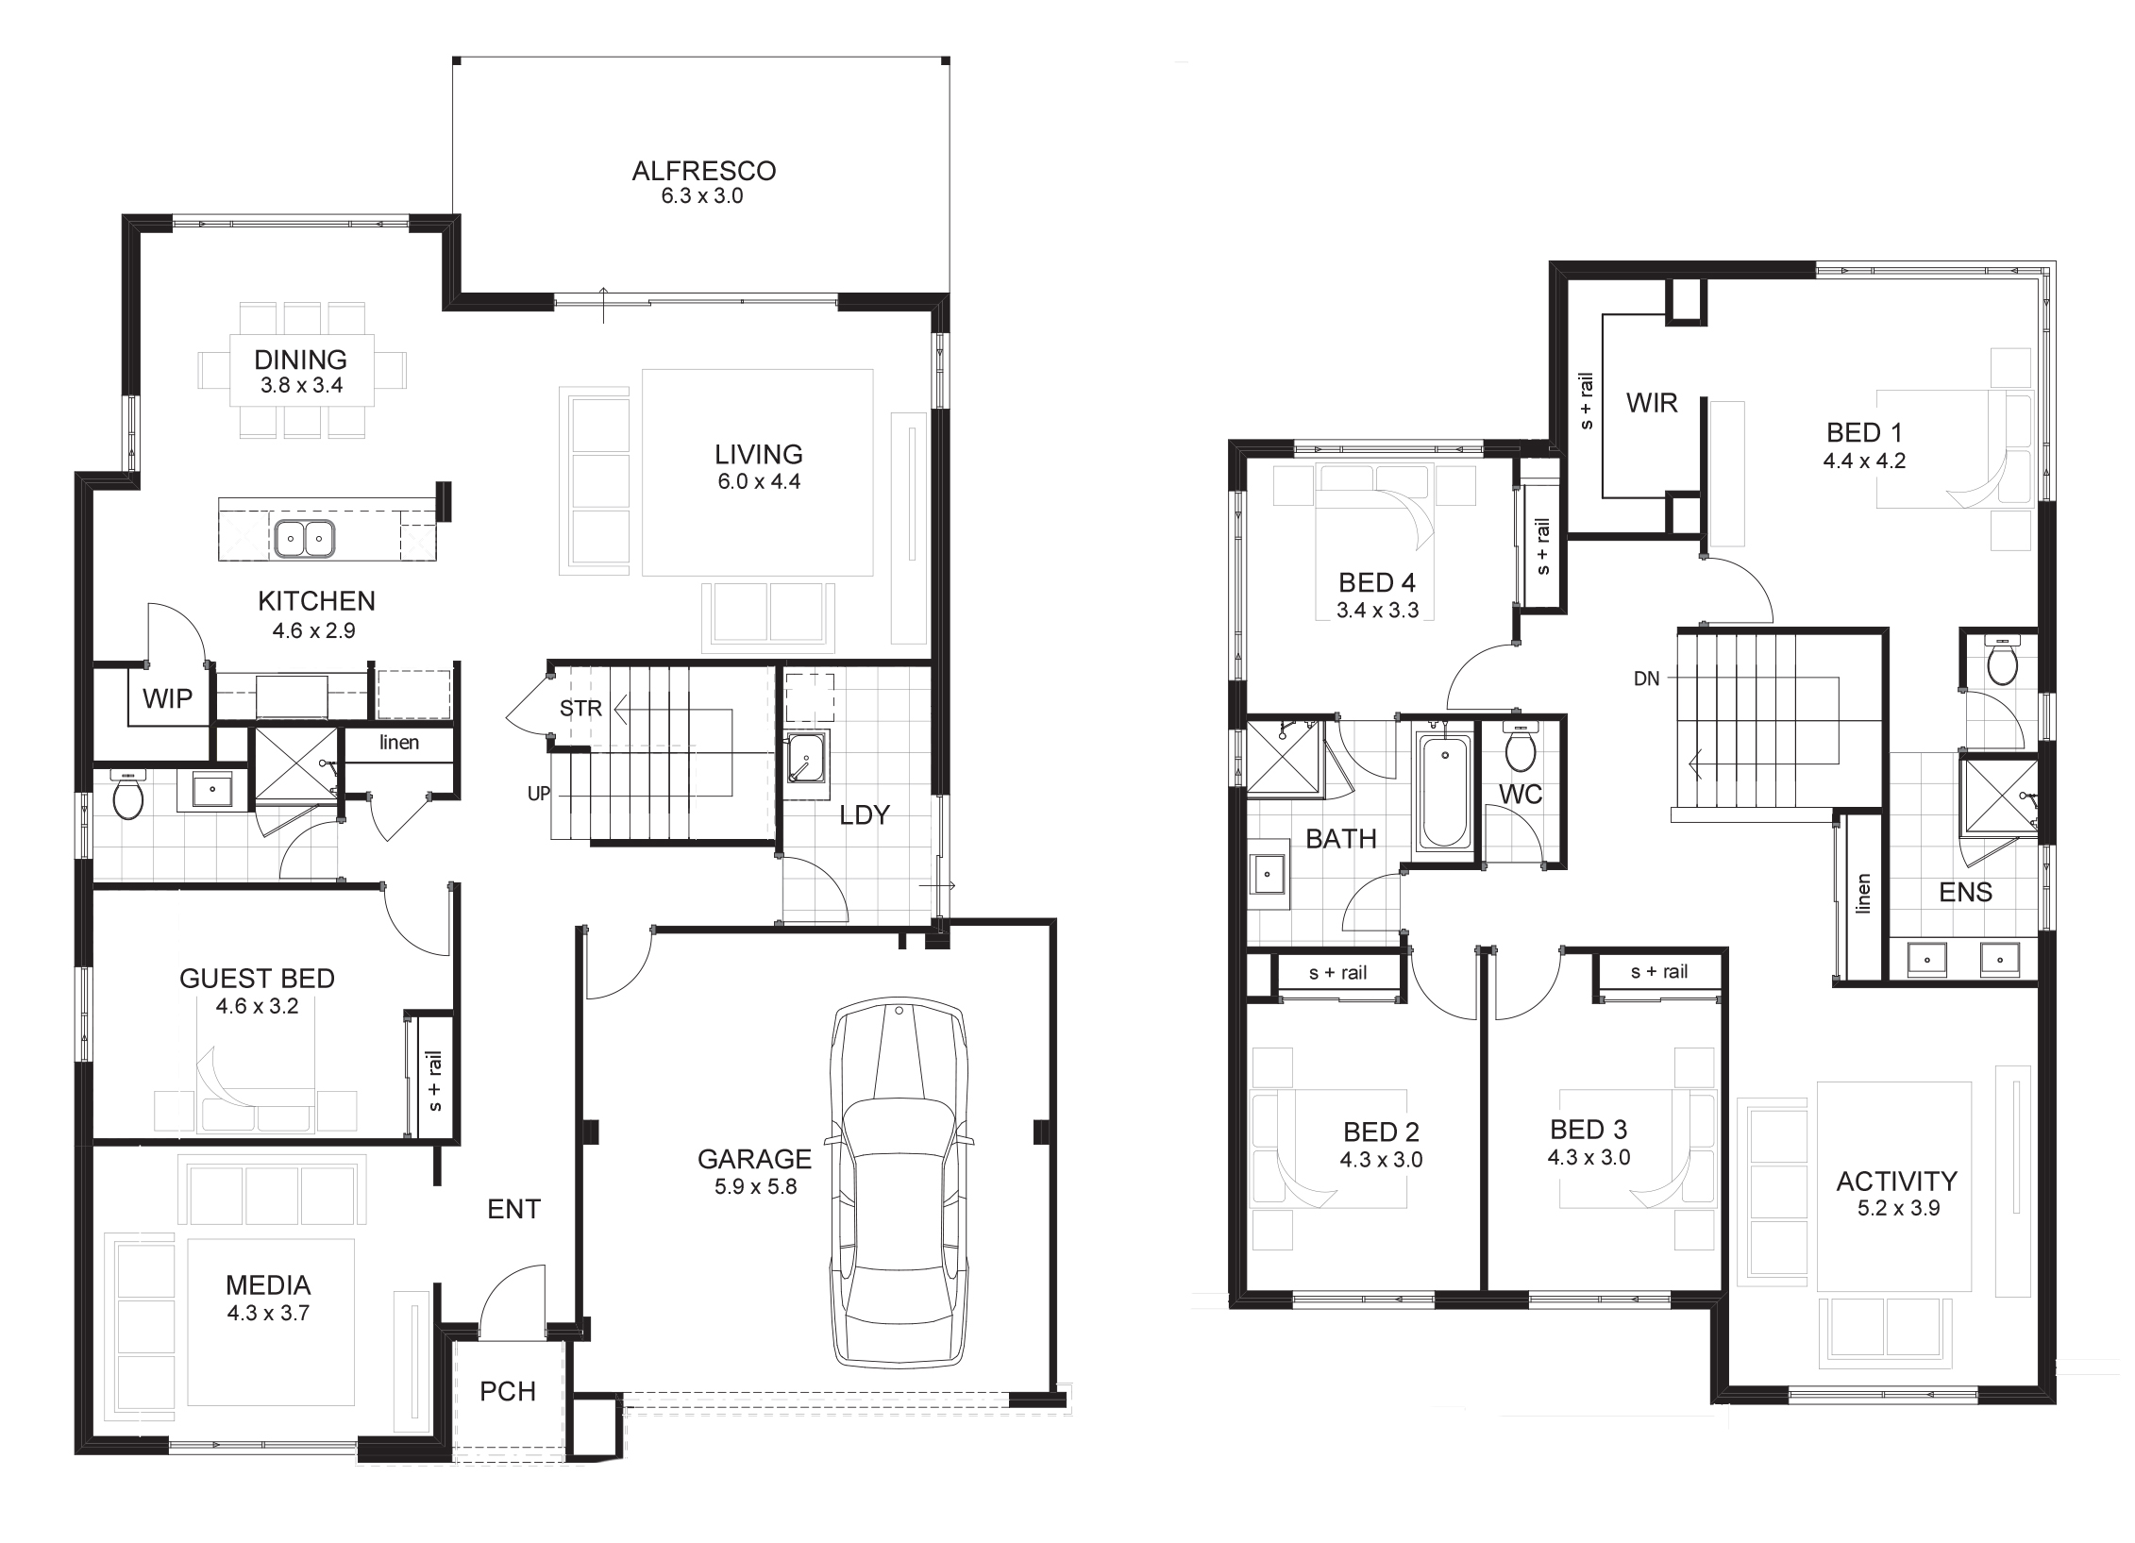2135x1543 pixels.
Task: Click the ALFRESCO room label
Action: (704, 171)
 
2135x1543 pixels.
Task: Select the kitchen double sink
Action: (305, 539)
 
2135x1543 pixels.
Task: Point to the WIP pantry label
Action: (168, 698)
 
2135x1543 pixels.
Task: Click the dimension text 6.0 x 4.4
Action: (759, 481)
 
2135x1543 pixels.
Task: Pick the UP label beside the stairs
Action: (539, 794)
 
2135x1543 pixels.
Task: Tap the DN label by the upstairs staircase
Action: (1646, 679)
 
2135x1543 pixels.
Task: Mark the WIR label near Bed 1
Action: (1652, 403)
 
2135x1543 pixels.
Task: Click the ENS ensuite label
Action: (1966, 892)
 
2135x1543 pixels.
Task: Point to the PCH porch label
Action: (508, 1391)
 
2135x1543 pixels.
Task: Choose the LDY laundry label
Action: (865, 814)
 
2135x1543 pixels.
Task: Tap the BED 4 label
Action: (1377, 582)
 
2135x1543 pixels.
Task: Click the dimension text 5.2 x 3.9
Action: (1899, 1208)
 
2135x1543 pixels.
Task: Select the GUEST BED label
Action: (258, 979)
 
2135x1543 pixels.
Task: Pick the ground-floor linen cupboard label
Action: (399, 742)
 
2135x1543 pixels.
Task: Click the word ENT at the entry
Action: (513, 1209)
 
